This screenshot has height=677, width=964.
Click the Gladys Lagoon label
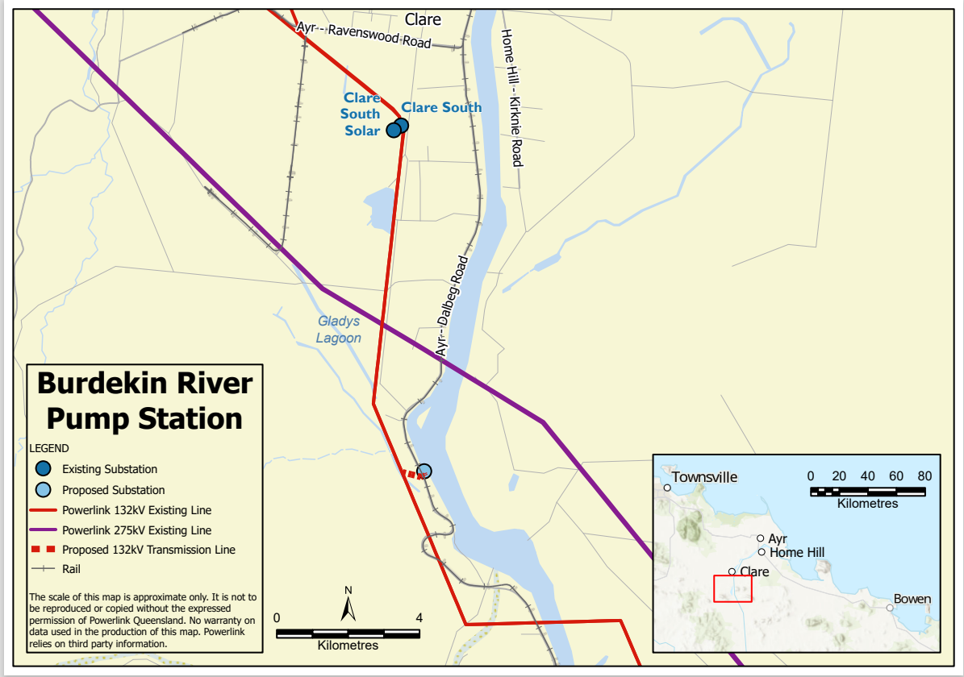click(339, 330)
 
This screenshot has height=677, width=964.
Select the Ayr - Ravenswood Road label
click(364, 35)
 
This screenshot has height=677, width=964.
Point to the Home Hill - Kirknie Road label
click(512, 98)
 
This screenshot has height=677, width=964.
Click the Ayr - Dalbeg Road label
click(452, 307)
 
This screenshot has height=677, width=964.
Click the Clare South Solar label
click(361, 114)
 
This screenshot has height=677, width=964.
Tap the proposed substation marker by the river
click(424, 471)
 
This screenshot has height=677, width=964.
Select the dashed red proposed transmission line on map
click(411, 475)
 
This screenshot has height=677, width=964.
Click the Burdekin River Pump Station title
click(145, 401)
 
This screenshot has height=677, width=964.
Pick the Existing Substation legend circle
click(44, 468)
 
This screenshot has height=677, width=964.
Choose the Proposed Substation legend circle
click(44, 489)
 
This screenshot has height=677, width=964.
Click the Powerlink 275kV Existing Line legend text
click(136, 530)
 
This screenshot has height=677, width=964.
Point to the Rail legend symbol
click(44, 569)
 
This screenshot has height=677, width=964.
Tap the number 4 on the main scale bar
click(419, 617)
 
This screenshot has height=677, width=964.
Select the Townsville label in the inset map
click(704, 477)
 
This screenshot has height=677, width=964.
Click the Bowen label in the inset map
click(912, 600)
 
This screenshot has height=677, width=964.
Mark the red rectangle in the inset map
click(732, 588)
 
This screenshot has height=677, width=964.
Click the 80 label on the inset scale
click(924, 476)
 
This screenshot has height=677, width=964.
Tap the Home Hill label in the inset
click(796, 553)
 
